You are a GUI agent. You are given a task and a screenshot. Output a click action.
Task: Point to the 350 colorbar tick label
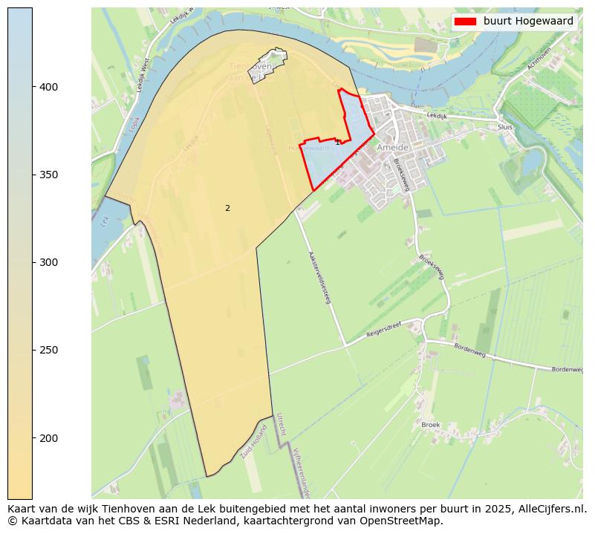tap(49, 175)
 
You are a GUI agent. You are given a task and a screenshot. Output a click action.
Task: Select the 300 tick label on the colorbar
tap(49, 262)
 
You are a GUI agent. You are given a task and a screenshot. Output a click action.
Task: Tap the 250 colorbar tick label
tap(49, 350)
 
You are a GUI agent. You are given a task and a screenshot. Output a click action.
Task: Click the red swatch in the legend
tap(465, 22)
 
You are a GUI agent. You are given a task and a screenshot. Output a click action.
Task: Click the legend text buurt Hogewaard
tap(528, 22)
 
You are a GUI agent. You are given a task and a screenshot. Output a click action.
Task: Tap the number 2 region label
tap(227, 208)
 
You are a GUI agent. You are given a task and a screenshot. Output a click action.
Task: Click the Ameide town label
tap(394, 148)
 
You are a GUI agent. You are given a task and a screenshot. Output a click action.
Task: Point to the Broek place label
tap(431, 425)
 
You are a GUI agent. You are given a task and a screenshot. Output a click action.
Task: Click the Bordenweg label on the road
tap(469, 351)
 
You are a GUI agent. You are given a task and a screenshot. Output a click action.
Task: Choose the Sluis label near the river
tap(505, 127)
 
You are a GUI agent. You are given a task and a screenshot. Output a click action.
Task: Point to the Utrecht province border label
tap(280, 424)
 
